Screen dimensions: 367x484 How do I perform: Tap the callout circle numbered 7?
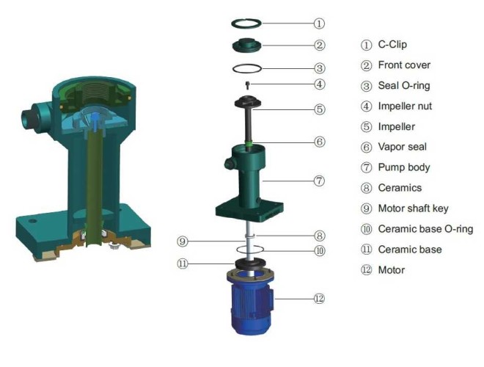[x=319, y=180]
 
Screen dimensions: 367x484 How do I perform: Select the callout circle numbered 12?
[x=319, y=299]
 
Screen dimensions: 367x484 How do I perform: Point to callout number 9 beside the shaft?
[x=183, y=241]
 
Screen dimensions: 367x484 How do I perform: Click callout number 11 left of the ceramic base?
[x=183, y=262]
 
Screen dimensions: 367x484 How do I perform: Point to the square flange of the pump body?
[x=250, y=210]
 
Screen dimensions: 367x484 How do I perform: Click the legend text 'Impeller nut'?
[x=405, y=106]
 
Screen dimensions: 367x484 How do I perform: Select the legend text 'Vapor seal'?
[x=402, y=147]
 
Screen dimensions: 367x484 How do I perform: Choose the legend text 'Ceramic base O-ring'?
[x=425, y=229]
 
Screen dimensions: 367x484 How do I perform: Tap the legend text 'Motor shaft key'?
[x=414, y=208]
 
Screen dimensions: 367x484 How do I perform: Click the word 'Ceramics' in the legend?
[x=400, y=188]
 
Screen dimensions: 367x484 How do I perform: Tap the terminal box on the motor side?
[x=272, y=301]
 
